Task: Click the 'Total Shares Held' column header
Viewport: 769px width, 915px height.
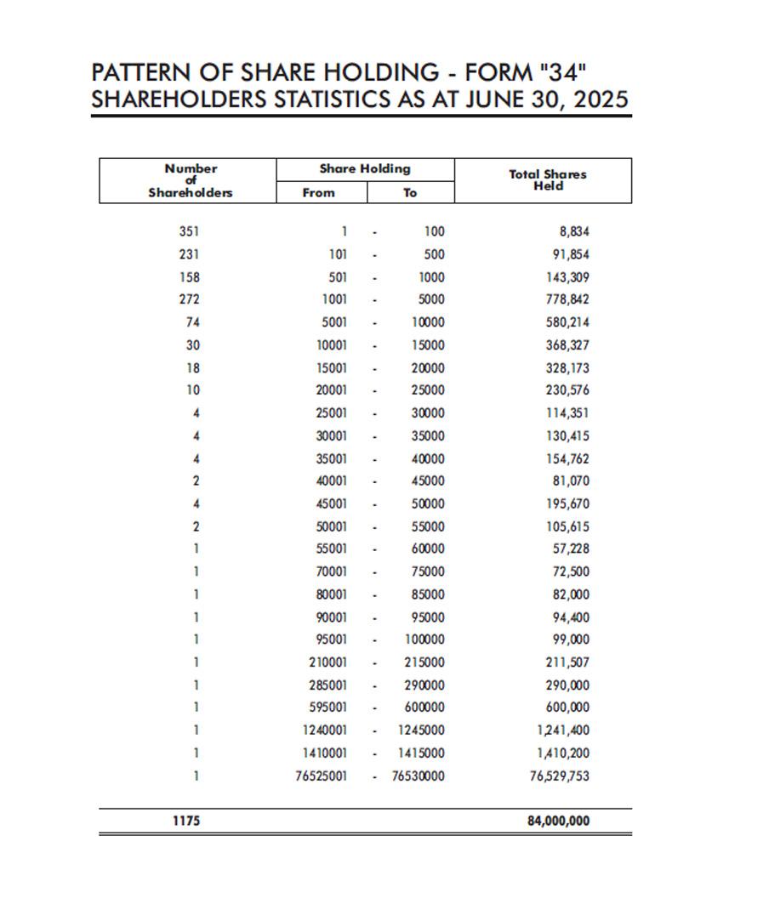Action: (x=548, y=180)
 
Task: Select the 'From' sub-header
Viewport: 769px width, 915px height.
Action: (x=319, y=193)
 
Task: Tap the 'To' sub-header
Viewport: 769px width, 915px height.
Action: (x=410, y=193)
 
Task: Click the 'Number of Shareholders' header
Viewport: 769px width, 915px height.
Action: (x=191, y=180)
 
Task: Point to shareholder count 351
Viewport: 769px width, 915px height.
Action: (x=189, y=231)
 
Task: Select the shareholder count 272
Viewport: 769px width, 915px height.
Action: (x=189, y=299)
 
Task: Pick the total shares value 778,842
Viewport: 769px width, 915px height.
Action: (x=567, y=299)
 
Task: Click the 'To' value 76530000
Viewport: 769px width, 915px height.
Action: (x=418, y=776)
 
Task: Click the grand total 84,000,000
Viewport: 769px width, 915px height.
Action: (x=558, y=821)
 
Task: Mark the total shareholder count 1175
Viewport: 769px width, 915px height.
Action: (x=186, y=821)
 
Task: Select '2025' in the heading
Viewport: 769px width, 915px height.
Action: (x=601, y=99)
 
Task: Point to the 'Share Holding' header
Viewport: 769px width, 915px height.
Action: (x=365, y=169)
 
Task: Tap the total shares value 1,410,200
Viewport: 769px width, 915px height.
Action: (x=563, y=753)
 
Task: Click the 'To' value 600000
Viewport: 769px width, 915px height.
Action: (x=424, y=708)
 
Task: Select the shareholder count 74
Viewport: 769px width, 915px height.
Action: (x=192, y=322)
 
